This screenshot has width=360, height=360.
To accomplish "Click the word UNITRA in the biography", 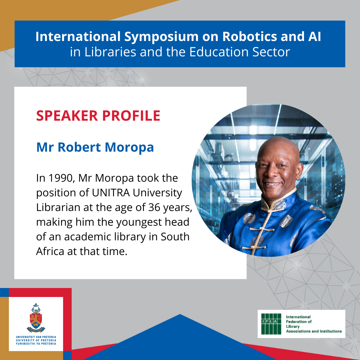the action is [x=111, y=193].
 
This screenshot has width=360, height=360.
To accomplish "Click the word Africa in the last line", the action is [x=50, y=251].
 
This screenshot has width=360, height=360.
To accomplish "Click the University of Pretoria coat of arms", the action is [x=36, y=318].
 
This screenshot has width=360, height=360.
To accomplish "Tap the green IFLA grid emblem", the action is [x=271, y=324].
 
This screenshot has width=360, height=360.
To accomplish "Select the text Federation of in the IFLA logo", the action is [x=299, y=322].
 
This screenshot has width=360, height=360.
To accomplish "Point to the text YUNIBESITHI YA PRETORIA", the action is [x=36, y=344].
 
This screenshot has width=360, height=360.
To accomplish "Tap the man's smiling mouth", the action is [x=273, y=184].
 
